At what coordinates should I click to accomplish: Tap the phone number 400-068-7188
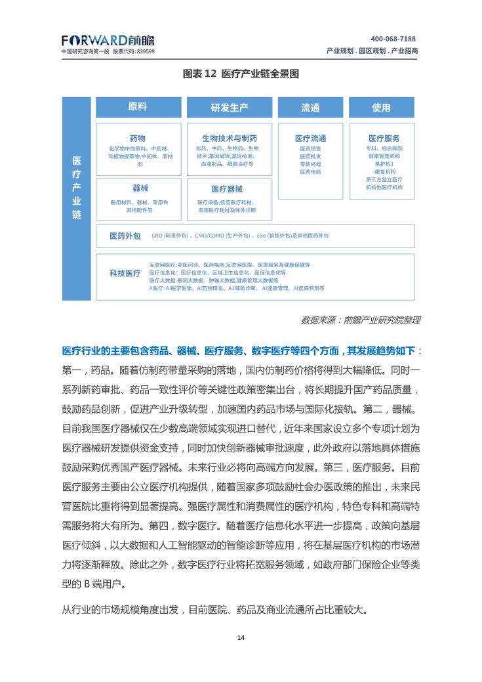click(393, 39)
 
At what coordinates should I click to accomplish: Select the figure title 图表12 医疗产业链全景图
click(241, 74)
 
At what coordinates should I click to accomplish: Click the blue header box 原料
click(138, 107)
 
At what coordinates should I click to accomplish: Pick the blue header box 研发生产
click(229, 108)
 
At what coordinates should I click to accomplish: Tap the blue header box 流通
click(310, 108)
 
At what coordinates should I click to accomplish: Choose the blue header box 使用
click(381, 108)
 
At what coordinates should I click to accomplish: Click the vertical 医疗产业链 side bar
click(77, 188)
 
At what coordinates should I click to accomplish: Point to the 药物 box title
click(138, 139)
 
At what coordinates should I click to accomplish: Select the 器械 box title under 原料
click(140, 188)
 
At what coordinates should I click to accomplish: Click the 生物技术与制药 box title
click(230, 139)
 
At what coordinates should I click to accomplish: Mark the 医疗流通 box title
click(310, 139)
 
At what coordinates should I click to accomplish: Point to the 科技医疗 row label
click(125, 274)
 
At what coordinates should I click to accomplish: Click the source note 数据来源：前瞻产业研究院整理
click(360, 320)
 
